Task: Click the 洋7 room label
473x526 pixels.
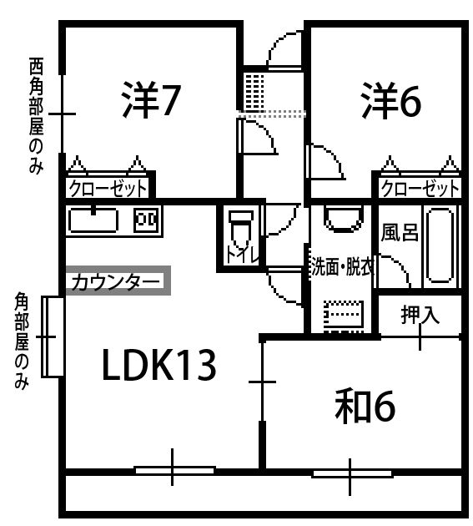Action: [151, 99]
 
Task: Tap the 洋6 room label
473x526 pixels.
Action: [391, 99]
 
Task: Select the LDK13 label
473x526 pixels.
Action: [159, 365]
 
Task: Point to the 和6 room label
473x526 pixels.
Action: [365, 407]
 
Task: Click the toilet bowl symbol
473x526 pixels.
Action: [240, 229]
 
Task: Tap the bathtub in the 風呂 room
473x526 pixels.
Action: [440, 245]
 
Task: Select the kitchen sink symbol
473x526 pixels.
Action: [93, 220]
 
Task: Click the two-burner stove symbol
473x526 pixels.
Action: [146, 220]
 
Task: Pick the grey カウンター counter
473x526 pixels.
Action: [118, 281]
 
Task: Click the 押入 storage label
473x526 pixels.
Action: [420, 315]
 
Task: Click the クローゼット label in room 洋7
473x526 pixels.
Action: [108, 189]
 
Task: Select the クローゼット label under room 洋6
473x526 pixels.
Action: [420, 189]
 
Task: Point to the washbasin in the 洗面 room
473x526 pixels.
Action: [344, 219]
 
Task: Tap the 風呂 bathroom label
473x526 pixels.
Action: [400, 232]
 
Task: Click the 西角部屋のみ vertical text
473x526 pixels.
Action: [36, 116]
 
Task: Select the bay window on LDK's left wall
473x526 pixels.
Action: [53, 336]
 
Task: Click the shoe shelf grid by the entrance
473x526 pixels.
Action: [254, 91]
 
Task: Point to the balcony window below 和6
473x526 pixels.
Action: [352, 474]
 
